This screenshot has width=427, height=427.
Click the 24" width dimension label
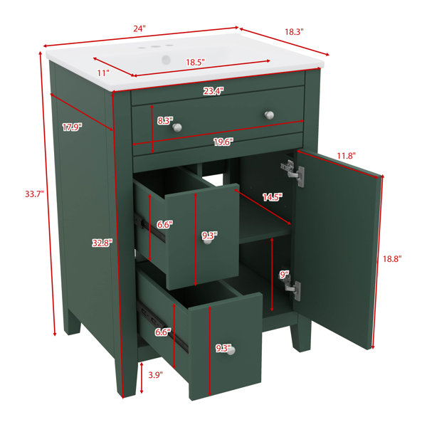pyautogui.click(x=139, y=28)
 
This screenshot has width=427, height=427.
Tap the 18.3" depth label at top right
pyautogui.click(x=294, y=32)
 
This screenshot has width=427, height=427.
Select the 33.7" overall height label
pyautogui.click(x=35, y=194)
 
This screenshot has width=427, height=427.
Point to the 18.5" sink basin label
pyautogui.click(x=195, y=63)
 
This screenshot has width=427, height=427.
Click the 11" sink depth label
pyautogui.click(x=103, y=73)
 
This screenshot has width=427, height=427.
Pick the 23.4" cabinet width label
pyautogui.click(x=213, y=91)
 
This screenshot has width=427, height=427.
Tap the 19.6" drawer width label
pyautogui.click(x=223, y=142)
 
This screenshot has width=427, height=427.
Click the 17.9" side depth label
pyautogui.click(x=72, y=127)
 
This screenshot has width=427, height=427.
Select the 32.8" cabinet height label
pyautogui.click(x=102, y=243)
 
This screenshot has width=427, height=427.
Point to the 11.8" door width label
pyautogui.click(x=347, y=156)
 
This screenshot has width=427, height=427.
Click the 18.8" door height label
pyautogui.click(x=392, y=259)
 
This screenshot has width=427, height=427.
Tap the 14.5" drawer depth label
pyautogui.click(x=273, y=197)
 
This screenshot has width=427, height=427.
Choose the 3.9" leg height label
pyautogui.click(x=155, y=375)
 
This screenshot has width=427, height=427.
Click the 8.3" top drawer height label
pyautogui.click(x=165, y=121)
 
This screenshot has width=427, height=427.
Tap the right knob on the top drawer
pyautogui.click(x=269, y=115)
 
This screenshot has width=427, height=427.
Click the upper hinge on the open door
pyautogui.click(x=293, y=172)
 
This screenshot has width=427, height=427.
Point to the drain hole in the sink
pyautogui.click(x=166, y=59)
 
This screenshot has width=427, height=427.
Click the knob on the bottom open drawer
pyautogui.click(x=231, y=351)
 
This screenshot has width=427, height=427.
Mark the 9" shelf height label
pyautogui.click(x=284, y=275)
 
